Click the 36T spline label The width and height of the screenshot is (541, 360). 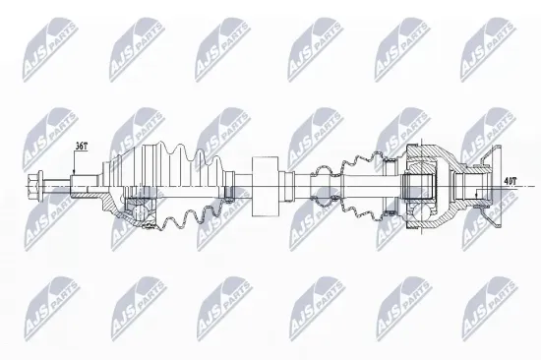click(x=82, y=146)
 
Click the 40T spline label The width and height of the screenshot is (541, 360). click(x=509, y=181)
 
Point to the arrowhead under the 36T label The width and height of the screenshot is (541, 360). click(x=75, y=174)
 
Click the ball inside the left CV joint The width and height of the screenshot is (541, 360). click(x=139, y=208)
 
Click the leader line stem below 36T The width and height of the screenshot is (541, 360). click(x=75, y=163)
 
